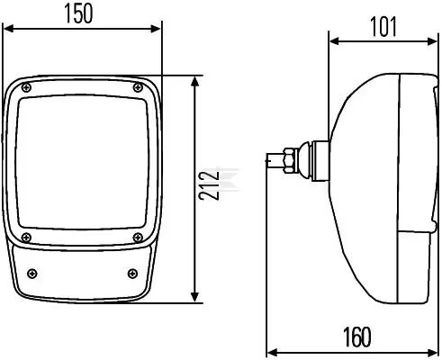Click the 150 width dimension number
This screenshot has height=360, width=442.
pos(78,13)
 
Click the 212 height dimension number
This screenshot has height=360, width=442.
pos(209,185)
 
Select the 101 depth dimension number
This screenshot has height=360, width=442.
pos(384,27)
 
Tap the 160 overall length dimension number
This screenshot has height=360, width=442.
pos(357,337)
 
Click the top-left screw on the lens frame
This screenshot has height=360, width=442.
pos(27,87)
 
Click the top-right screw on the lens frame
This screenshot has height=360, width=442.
pos(138,87)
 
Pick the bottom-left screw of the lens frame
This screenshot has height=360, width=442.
pos(26,238)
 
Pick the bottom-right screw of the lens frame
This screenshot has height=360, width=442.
pos(138,238)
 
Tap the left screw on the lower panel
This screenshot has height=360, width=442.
pos(32,274)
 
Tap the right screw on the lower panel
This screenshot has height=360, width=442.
pos(132,274)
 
